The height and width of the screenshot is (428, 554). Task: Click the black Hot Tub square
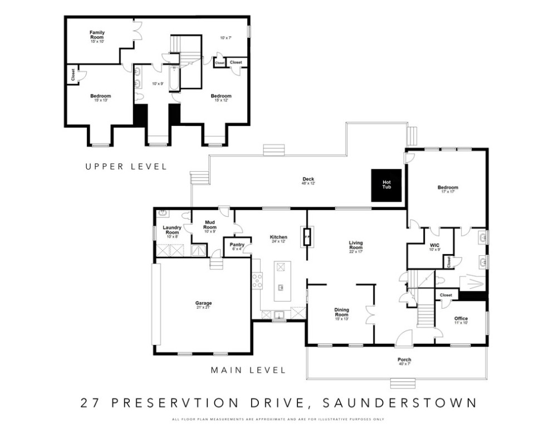pos(387,184)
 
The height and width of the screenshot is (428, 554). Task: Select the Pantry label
pos(237,246)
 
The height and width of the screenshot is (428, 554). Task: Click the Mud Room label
pos(210,225)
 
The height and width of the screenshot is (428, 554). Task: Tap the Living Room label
pos(356,245)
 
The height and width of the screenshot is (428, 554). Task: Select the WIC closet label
pos(435,246)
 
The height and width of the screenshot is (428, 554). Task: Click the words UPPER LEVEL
pos(126,166)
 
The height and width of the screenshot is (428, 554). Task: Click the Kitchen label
pos(278,238)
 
